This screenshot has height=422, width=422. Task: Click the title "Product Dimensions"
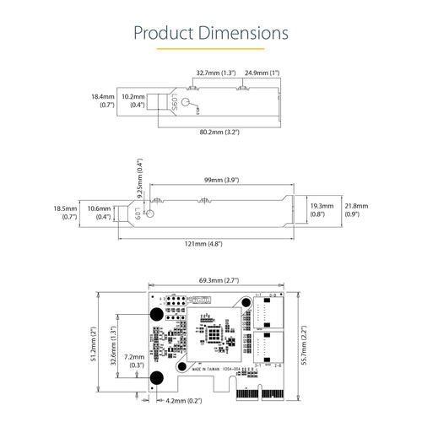pos(211,33)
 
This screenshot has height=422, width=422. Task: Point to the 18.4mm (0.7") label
pos(102,101)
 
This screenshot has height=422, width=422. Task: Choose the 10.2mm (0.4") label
pos(133,101)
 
